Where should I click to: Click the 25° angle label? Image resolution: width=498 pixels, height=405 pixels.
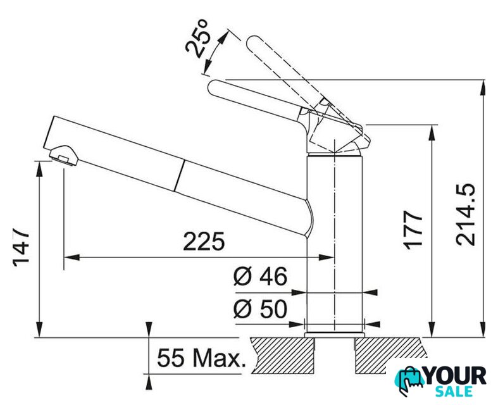197,39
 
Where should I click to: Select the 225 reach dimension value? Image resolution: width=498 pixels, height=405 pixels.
204,241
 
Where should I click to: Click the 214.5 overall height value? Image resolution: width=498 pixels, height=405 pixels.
465,215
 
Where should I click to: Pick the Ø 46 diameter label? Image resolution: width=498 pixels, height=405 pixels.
260,276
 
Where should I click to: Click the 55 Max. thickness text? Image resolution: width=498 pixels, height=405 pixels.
202,358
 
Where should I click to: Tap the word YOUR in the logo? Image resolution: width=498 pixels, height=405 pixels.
456,376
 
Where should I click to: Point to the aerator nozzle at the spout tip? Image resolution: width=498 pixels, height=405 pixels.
64,155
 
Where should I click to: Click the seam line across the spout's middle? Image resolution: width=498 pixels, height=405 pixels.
179,175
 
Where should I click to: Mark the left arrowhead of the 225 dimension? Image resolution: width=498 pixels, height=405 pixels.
71,257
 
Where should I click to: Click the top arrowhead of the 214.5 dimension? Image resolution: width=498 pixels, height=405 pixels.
483,87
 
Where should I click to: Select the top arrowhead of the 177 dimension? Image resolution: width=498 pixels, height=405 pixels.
432,132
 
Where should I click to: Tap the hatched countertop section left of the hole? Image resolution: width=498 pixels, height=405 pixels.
282,356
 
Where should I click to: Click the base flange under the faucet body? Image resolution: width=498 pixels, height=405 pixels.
335,335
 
